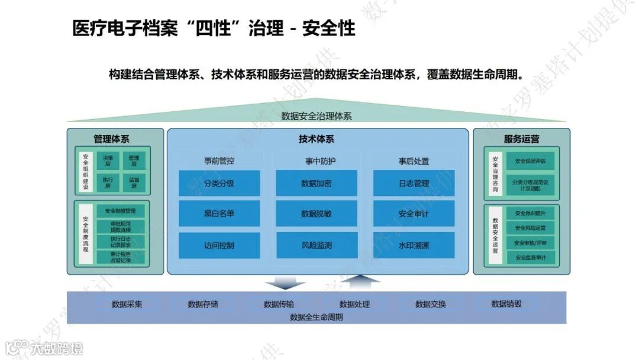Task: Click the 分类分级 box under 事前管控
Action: (219, 184)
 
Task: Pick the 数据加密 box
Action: (317, 184)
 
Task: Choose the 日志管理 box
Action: (414, 184)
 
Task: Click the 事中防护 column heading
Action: (317, 161)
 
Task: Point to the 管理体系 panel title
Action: (111, 140)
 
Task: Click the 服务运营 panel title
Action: (521, 140)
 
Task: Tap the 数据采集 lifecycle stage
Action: (127, 304)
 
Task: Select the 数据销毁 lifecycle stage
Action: (506, 304)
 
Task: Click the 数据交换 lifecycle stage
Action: (430, 304)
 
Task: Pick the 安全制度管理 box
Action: (121, 211)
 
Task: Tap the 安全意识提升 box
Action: (531, 213)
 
